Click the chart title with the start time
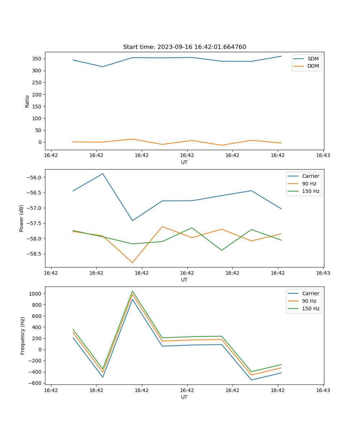184,47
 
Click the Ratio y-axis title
27,102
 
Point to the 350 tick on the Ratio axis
37,59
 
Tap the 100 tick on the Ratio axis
37,118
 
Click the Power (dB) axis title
22,218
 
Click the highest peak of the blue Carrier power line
103,174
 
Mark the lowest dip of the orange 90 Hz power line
132,262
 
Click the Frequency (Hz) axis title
23,336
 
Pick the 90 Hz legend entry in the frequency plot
309,301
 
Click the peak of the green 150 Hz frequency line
132,291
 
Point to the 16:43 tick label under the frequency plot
323,390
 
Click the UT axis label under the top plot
184,162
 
